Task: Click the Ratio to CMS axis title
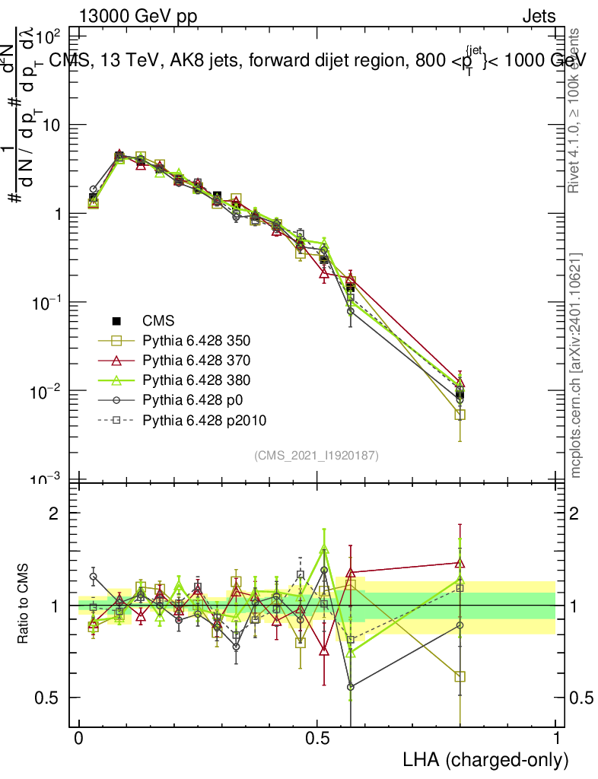point(25,603)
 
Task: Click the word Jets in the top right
point(538,17)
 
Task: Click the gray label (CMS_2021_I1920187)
point(316,455)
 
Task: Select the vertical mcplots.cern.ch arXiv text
point(576,365)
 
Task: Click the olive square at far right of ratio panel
point(460,676)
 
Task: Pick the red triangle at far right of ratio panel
point(460,563)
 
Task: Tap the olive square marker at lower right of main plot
point(460,415)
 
